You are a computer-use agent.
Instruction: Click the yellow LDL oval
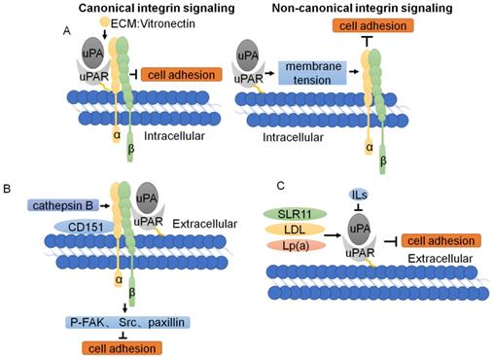290,230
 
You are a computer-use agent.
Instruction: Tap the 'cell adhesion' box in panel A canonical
180,74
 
